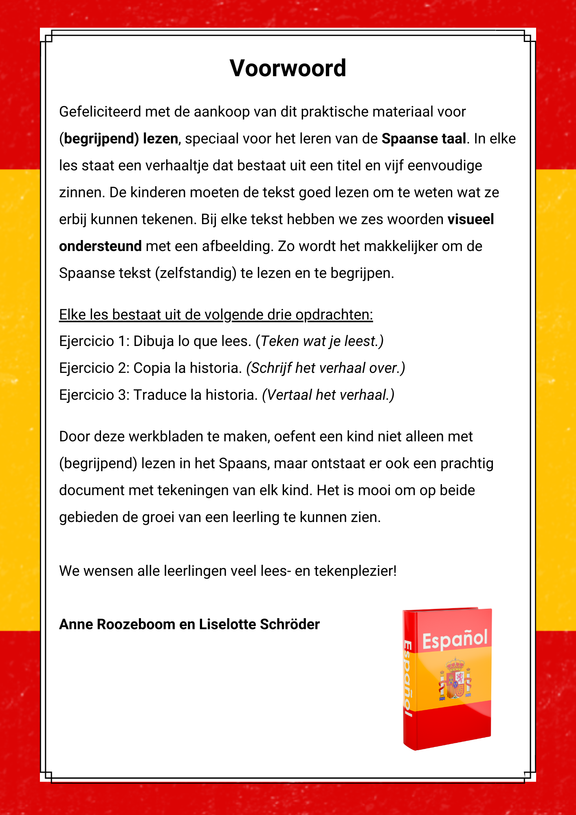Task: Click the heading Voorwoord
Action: (x=288, y=68)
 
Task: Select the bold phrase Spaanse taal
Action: (x=424, y=139)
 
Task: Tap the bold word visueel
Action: (x=470, y=219)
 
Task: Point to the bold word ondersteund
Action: (x=100, y=246)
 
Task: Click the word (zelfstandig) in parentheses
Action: (x=196, y=273)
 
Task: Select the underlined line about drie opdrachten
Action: (x=216, y=315)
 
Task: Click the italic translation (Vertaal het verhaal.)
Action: (x=328, y=395)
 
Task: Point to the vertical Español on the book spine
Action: (x=408, y=678)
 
